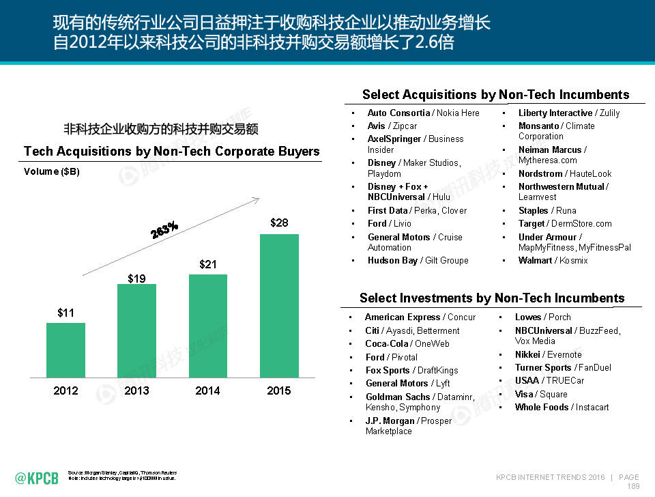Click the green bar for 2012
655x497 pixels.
click(65, 350)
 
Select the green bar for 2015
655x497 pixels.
click(279, 305)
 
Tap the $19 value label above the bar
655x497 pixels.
click(136, 278)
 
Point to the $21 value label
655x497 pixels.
click(208, 264)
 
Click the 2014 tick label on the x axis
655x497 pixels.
click(207, 390)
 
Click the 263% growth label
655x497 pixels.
click(164, 229)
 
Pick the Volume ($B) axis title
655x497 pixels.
click(52, 171)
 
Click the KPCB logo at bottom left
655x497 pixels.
click(37, 478)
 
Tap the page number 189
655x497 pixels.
click(633, 487)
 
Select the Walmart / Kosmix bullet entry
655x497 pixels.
click(553, 260)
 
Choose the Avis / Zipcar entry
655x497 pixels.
click(392, 126)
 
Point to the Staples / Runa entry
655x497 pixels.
click(547, 210)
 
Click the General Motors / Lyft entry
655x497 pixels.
click(407, 383)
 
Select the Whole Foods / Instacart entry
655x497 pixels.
click(562, 407)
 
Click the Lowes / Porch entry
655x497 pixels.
click(542, 317)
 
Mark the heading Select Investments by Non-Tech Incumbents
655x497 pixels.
click(492, 298)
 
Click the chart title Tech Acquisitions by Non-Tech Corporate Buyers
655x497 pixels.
click(171, 151)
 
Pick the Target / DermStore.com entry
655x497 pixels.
click(564, 223)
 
